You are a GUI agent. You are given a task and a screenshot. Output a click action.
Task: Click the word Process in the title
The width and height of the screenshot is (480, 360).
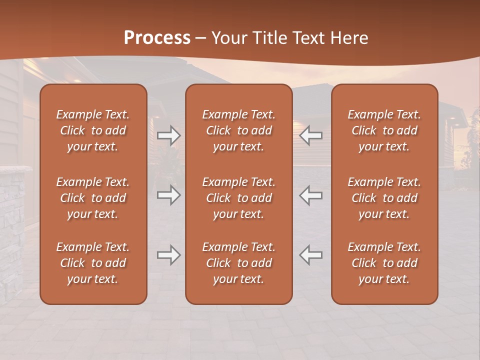157,38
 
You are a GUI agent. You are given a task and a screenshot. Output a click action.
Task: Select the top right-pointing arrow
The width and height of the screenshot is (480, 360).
168,135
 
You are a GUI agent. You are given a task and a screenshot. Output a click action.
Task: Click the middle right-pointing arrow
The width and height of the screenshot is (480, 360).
168,195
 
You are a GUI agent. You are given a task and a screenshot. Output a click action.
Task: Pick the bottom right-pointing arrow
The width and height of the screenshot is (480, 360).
168,255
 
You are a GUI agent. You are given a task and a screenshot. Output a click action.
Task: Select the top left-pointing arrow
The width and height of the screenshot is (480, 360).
311,135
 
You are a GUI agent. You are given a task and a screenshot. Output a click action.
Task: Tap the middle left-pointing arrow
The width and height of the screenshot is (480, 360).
311,195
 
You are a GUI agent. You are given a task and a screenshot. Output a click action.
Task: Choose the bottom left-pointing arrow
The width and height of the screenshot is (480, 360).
311,255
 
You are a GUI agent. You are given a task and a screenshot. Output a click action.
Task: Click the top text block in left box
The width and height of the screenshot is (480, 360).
93,130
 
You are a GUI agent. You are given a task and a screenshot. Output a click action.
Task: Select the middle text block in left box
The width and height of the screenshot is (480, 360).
93,198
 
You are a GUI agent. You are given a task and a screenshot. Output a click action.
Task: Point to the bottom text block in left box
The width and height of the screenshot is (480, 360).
93,263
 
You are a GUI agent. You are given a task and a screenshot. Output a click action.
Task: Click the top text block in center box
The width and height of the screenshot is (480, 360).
239,130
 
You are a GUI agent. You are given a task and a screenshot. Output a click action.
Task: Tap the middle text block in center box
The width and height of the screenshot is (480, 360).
239,198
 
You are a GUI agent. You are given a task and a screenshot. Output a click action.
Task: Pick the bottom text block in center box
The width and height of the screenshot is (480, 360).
239,263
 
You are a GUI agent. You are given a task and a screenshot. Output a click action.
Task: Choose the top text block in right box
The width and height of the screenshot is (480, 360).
384,130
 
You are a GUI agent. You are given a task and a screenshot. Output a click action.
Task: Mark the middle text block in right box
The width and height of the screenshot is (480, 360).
384,198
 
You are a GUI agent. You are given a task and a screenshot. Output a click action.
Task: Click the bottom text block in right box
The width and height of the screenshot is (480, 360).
384,263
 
